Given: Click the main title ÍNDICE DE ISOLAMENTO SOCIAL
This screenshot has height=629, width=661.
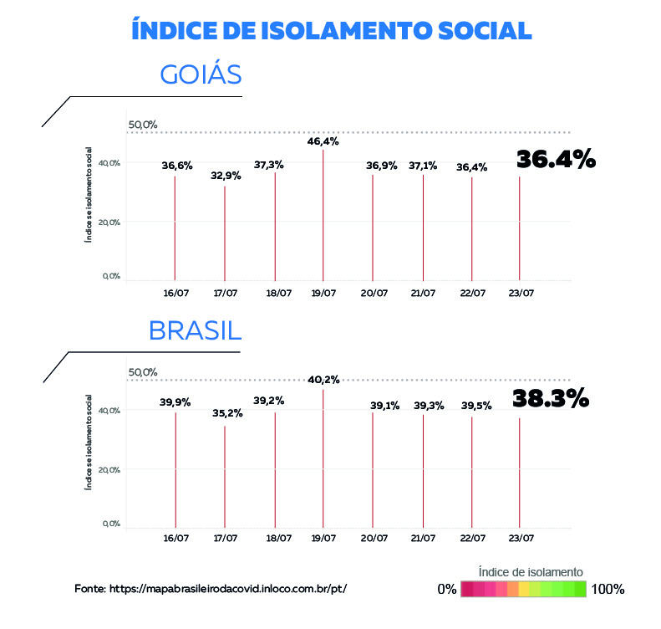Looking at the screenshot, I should click(x=332, y=30).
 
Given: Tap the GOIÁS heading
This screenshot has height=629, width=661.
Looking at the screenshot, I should click(x=201, y=75).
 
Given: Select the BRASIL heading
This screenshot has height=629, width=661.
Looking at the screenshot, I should click(x=195, y=330).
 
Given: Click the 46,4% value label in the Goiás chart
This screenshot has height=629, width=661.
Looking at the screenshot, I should click(x=323, y=142).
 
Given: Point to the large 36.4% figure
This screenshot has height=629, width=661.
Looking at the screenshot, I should click(x=555, y=159).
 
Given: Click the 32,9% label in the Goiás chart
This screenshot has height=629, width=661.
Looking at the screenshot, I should click(x=225, y=176).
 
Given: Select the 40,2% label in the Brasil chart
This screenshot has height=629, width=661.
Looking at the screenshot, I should click(x=323, y=380).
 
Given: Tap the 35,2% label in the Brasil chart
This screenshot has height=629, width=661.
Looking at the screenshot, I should click(x=225, y=412).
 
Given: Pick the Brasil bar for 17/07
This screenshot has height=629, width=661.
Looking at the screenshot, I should click(x=225, y=477).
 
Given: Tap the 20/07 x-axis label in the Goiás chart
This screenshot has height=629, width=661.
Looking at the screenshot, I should click(x=374, y=293).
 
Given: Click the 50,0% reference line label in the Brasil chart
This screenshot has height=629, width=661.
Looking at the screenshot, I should click(x=143, y=372).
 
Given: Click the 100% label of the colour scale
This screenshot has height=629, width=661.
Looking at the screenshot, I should click(x=608, y=590).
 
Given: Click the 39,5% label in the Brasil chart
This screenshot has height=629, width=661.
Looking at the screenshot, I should click(x=476, y=407).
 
